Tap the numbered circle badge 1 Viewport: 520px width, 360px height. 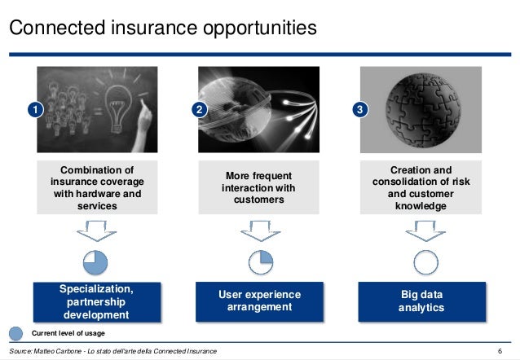click(x=35, y=109)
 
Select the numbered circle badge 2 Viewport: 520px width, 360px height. click(x=198, y=109)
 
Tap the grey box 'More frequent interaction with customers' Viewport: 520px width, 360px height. click(x=258, y=188)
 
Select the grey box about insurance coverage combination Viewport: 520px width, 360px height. click(x=96, y=188)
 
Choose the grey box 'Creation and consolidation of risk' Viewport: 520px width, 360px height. click(x=421, y=188)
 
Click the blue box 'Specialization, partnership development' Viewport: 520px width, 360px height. click(x=96, y=301)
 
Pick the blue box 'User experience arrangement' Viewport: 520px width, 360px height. click(x=258, y=301)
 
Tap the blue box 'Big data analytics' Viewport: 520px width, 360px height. click(x=421, y=301)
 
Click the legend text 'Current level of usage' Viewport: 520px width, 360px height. click(x=68, y=334)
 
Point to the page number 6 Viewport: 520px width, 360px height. click(x=499, y=351)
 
